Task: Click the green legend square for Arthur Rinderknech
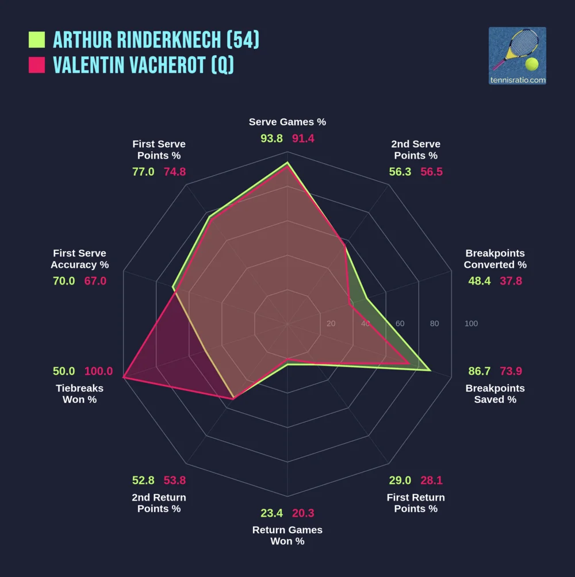(37, 40)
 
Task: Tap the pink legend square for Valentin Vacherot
(37, 65)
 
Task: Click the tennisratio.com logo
(517, 56)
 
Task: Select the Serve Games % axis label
(287, 122)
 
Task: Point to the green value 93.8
(271, 139)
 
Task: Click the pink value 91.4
(303, 139)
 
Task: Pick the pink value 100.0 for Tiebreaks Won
(99, 371)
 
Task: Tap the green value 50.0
(64, 371)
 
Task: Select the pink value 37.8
(511, 281)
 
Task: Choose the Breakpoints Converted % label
(495, 259)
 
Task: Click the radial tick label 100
(471, 324)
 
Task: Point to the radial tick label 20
(331, 324)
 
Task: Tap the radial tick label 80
(434, 324)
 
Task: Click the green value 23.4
(272, 513)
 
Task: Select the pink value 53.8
(174, 480)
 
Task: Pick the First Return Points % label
(416, 503)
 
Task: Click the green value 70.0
(63, 281)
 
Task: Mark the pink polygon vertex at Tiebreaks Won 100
(124, 378)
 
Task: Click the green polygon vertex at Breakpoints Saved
(430, 371)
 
